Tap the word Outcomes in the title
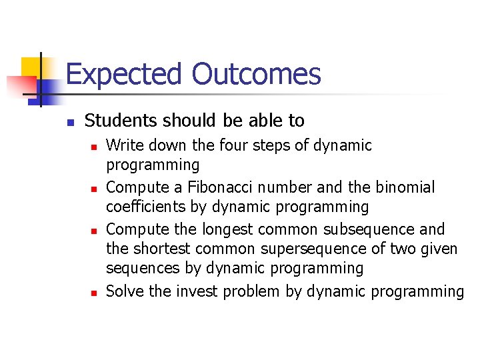pyautogui.click(x=257, y=74)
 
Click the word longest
pyautogui.click(x=225, y=230)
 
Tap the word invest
pyautogui.click(x=201, y=291)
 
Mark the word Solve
pyautogui.click(x=124, y=291)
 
